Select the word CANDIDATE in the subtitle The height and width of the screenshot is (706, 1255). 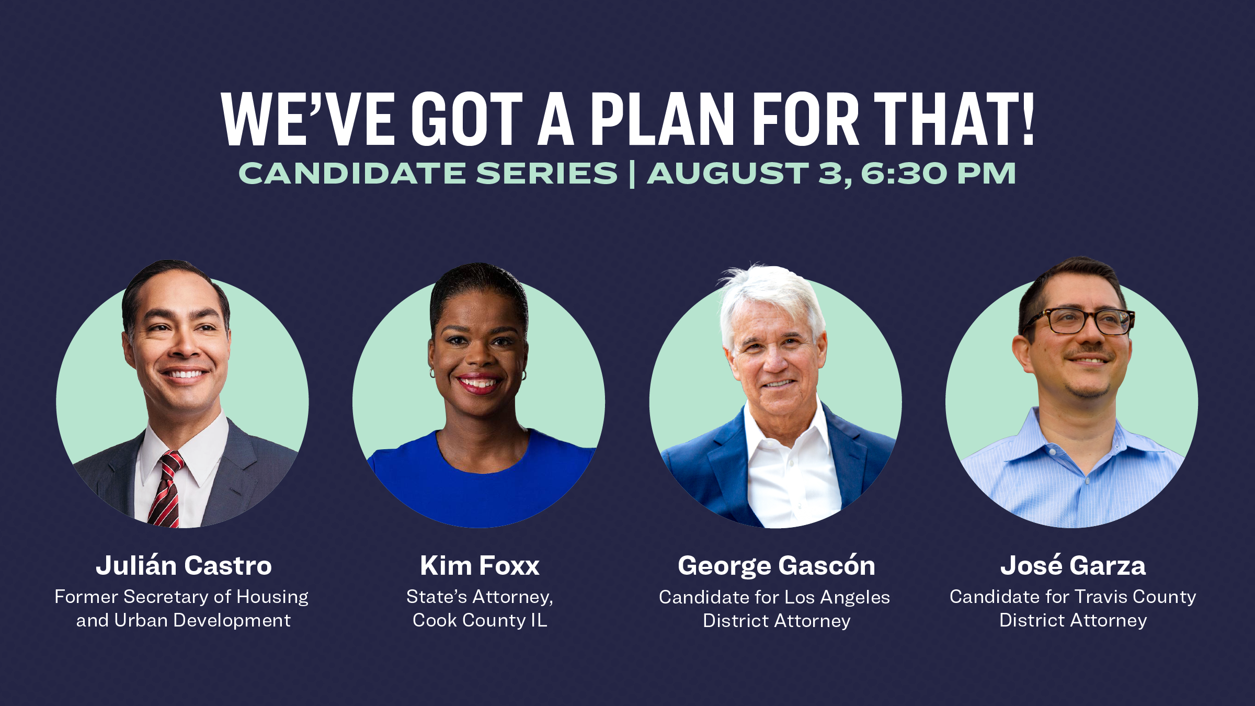pos(352,174)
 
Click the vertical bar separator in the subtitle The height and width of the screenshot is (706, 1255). pos(632,174)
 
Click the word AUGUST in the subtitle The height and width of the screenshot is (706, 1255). pos(728,174)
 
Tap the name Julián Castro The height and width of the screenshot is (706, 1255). pos(184,566)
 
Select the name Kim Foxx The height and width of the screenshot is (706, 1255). pos(480,566)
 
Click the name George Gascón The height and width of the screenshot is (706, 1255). pos(776,566)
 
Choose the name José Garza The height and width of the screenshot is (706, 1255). pos(1073,566)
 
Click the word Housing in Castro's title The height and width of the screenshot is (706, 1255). pos(272,597)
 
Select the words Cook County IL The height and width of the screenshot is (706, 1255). pos(480,620)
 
